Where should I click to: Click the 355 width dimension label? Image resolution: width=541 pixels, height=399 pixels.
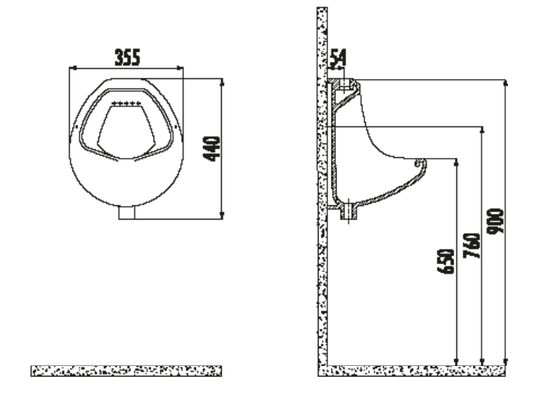tap(127, 57)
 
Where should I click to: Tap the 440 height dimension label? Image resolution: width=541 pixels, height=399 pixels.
tap(212, 149)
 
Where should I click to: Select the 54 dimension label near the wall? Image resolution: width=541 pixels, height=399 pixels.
tap(338, 58)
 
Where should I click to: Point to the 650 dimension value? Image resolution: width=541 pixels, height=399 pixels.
tap(446, 261)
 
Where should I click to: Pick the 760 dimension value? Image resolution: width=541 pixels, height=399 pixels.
tap(471, 245)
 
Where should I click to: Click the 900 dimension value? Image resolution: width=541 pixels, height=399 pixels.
tap(495, 221)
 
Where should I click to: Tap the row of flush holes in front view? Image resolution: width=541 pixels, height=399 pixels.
tap(126, 103)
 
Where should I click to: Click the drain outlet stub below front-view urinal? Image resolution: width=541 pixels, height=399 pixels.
tap(126, 212)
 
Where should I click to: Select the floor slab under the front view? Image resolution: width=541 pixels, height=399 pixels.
tap(126, 371)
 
